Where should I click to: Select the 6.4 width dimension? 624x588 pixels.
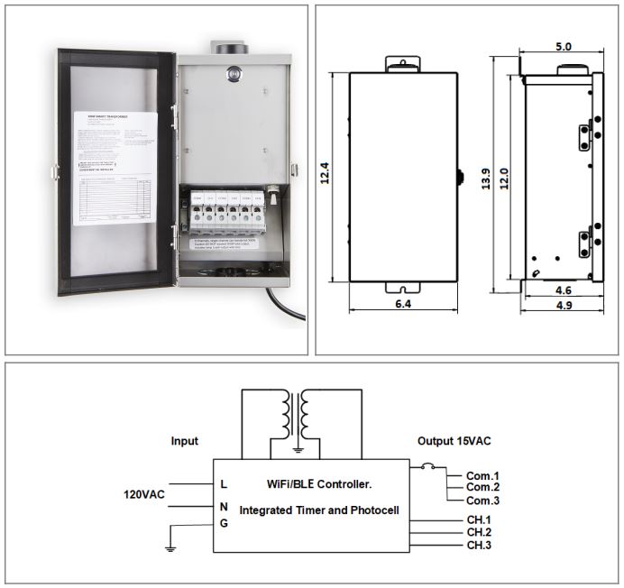402,305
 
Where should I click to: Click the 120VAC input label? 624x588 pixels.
144,495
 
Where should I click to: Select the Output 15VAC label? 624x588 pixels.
454,441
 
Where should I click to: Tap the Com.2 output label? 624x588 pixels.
482,487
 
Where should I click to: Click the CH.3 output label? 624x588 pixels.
479,545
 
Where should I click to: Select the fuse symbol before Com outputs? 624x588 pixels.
428,467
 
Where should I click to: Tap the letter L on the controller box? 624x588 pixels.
224,484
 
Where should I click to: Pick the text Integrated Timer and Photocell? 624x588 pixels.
318,510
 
